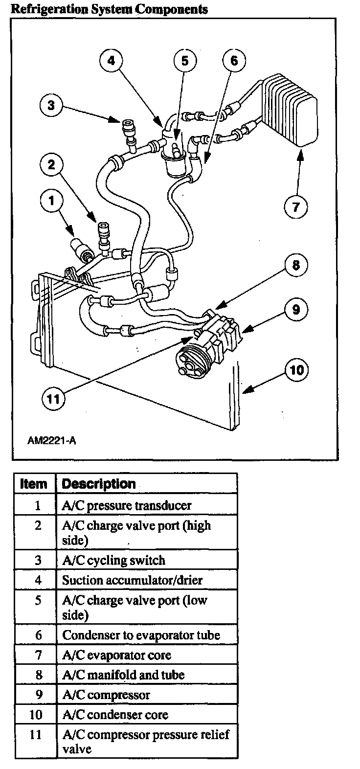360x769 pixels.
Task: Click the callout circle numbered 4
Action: (112, 61)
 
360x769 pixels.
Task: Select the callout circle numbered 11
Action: (53, 399)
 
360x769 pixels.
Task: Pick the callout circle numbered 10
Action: (297, 370)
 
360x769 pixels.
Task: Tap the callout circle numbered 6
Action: (234, 61)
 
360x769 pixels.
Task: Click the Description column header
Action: (99, 484)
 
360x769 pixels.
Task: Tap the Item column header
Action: (34, 484)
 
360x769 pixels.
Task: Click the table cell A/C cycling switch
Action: (113, 561)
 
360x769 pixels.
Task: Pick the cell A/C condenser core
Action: (115, 715)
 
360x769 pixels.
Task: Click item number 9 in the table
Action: (38, 695)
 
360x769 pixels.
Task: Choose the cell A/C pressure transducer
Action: (127, 505)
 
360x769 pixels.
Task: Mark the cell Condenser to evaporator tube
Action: (141, 635)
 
